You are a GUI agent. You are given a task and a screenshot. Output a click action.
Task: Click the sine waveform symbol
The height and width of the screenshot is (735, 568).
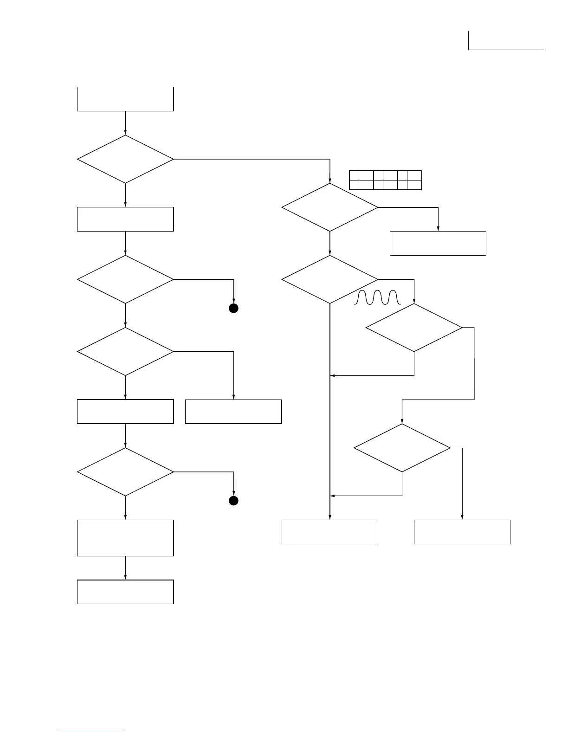click(377, 297)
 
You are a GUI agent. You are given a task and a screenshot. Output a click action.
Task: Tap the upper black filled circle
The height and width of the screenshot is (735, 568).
click(233, 309)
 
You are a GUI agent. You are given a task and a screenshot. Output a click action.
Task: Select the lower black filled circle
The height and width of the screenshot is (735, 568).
click(233, 501)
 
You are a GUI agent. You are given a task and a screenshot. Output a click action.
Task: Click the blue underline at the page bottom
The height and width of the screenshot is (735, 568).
click(92, 731)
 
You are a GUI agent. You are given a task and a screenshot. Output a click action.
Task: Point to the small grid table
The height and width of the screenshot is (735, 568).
click(385, 180)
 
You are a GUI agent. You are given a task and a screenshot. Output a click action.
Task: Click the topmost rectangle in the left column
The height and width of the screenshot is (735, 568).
click(125, 99)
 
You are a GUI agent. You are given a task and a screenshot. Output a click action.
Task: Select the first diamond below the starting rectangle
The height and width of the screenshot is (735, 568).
click(125, 159)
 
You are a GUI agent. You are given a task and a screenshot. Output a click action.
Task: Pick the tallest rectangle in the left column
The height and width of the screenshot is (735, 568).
click(125, 538)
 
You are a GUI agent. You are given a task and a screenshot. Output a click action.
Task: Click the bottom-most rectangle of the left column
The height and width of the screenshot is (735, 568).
click(125, 592)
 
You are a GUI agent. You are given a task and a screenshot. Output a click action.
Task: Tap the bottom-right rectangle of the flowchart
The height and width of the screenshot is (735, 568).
click(462, 532)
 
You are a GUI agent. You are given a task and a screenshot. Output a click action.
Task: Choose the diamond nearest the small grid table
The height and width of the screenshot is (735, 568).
click(329, 207)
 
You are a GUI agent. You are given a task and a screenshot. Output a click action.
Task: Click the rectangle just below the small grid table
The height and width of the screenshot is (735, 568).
click(438, 243)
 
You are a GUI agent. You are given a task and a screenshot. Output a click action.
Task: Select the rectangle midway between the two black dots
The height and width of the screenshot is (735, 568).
click(233, 412)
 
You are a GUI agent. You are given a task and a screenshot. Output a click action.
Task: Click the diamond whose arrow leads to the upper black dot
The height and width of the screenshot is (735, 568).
click(125, 279)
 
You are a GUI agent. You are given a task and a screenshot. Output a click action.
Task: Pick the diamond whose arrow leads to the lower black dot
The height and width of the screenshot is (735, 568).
click(125, 472)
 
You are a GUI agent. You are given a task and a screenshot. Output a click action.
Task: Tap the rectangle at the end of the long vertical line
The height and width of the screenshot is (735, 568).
click(329, 532)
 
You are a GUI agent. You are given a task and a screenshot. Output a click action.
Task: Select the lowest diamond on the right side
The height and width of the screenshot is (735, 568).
click(402, 448)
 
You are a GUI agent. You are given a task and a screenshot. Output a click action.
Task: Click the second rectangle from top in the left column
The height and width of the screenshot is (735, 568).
click(125, 219)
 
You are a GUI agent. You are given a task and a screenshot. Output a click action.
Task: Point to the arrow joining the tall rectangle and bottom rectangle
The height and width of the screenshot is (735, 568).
click(125, 568)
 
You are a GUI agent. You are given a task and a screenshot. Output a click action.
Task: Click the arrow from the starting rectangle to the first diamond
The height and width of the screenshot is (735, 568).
click(125, 123)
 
